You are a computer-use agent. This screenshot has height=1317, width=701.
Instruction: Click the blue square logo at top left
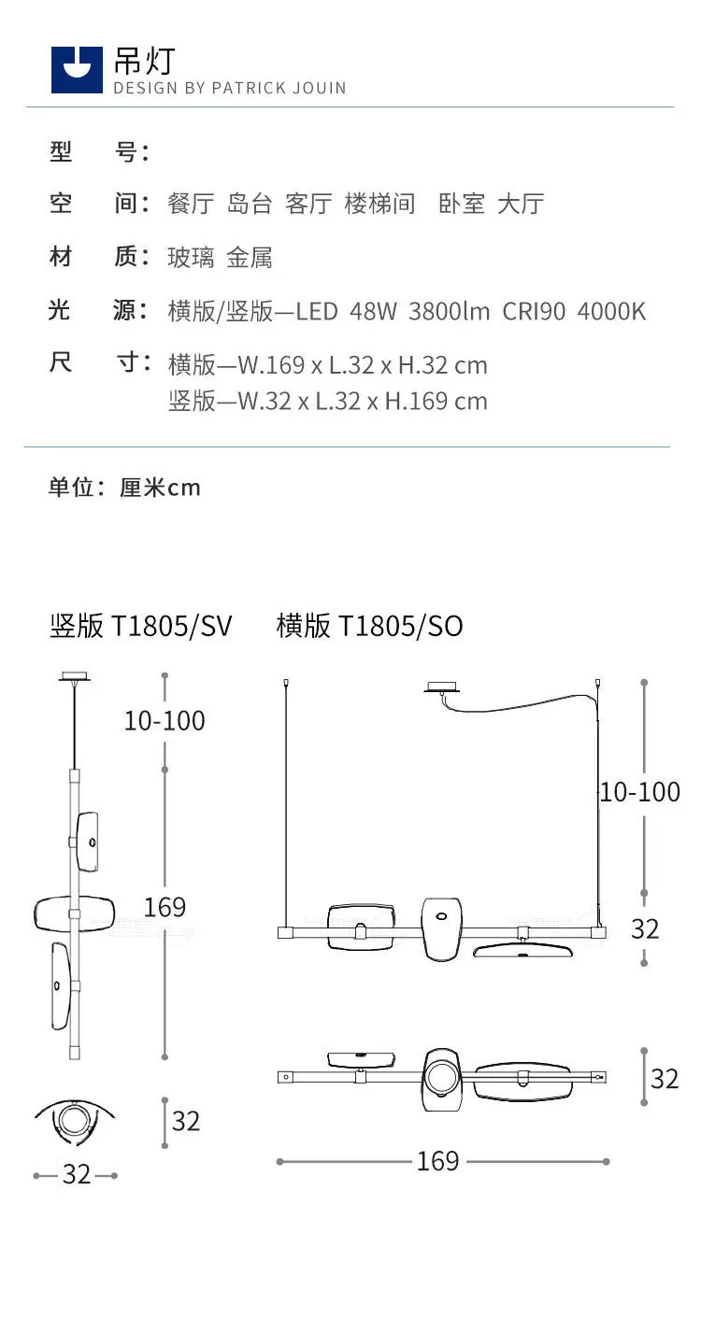[77, 70]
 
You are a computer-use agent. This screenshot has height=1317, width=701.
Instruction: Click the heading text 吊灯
[145, 61]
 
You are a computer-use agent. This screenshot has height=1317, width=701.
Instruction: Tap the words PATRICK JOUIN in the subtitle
[279, 88]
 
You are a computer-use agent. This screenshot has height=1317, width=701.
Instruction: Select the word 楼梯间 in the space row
[379, 204]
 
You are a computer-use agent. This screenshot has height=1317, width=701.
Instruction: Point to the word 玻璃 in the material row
[191, 258]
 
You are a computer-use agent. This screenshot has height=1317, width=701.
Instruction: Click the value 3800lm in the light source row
[449, 311]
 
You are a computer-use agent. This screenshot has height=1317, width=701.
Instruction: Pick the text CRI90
[534, 311]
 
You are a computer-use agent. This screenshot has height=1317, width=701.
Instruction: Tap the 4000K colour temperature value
[611, 311]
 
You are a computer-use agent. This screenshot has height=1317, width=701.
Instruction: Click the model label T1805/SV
[171, 626]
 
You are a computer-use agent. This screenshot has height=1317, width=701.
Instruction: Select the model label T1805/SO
[400, 626]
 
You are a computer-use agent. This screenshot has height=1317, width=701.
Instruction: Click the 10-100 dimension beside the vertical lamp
[165, 721]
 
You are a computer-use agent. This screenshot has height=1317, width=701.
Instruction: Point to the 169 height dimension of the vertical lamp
[165, 907]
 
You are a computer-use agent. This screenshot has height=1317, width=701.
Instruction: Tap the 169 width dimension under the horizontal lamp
[438, 1161]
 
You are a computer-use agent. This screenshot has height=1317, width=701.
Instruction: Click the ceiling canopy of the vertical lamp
[75, 677]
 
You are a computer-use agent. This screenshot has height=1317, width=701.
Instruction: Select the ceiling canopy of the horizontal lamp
[441, 687]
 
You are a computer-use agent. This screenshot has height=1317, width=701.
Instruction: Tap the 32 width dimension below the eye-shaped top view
[77, 1174]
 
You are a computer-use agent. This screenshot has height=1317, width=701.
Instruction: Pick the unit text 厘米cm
[160, 488]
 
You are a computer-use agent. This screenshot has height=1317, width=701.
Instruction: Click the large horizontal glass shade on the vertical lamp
[74, 913]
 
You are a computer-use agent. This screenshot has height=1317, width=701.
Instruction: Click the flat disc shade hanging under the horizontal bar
[522, 950]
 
